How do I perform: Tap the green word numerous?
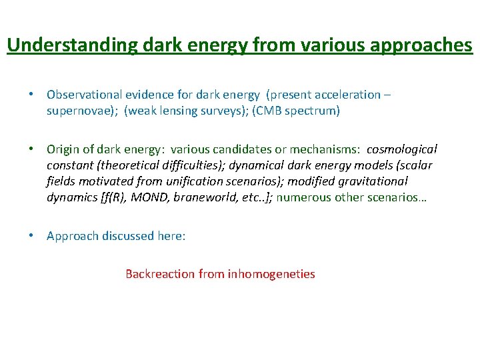pyautogui.click(x=301, y=197)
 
